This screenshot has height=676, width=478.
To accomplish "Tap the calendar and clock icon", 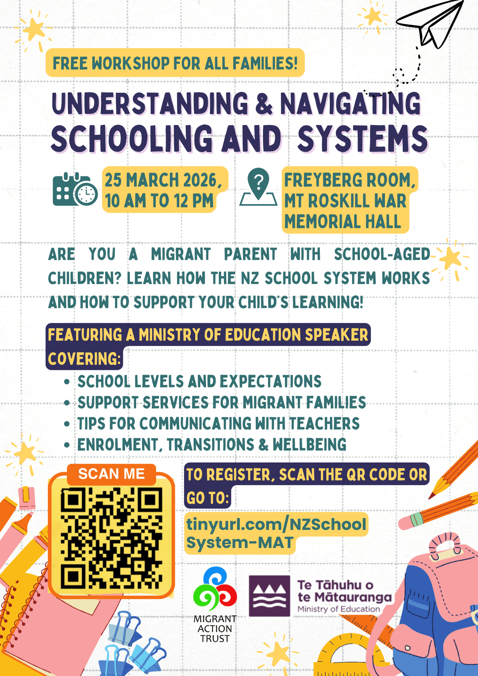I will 74,190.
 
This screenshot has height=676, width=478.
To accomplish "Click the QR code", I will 111,540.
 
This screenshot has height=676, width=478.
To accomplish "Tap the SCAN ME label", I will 111,474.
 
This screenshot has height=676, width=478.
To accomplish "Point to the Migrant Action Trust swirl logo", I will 215,590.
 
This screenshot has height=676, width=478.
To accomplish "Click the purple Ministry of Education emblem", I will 269,596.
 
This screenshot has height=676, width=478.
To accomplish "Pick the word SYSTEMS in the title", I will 362,139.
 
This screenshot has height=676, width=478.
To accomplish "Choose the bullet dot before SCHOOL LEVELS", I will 67,382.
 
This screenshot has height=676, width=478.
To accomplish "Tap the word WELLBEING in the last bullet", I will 310,445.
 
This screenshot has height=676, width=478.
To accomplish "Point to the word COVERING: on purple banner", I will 84,359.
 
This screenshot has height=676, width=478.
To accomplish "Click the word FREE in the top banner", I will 71,63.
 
